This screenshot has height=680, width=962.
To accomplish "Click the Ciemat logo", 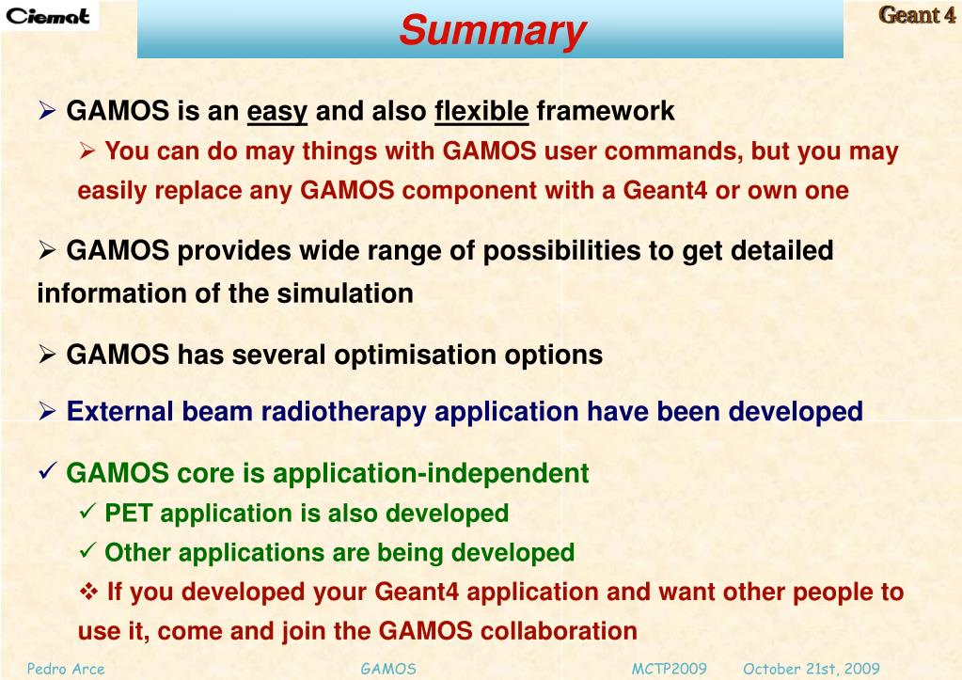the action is (x=48, y=16).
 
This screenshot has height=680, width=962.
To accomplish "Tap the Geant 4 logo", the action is (x=917, y=15).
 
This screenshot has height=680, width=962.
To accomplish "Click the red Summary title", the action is (x=493, y=31).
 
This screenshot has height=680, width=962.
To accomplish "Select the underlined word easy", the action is (x=276, y=112).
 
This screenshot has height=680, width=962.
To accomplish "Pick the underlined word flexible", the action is (x=481, y=111).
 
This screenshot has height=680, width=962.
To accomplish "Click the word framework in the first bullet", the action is (x=606, y=111).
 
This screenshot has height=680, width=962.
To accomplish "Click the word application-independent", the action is (x=431, y=474).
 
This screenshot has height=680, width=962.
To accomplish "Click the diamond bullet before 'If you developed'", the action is (x=89, y=592).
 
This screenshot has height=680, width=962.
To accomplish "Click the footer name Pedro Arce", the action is (x=66, y=669).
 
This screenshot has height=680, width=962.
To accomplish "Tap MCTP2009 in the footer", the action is (x=669, y=669).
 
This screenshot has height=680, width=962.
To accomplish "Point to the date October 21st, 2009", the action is (x=812, y=669).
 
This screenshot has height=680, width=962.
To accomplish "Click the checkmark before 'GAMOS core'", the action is (x=47, y=470).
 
